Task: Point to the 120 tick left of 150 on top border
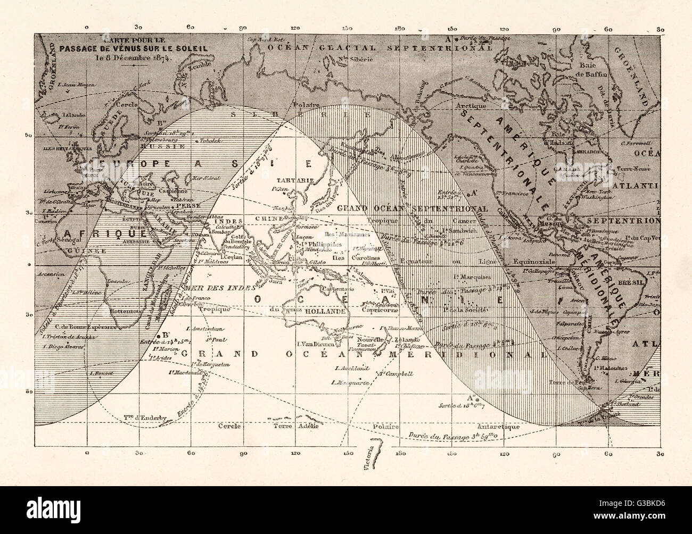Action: (x=294, y=27)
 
